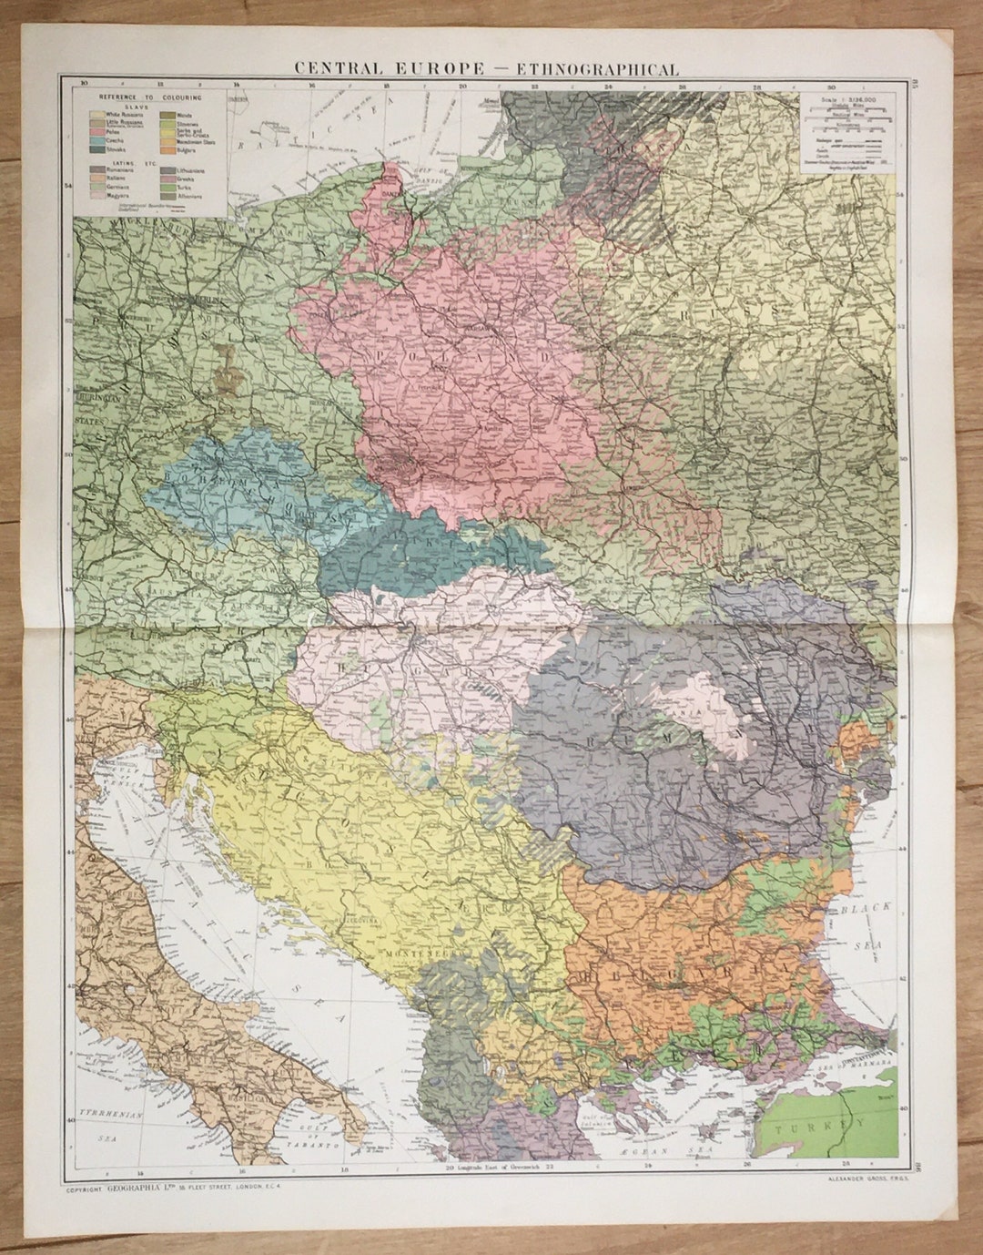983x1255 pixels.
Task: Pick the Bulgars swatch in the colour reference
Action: [168, 150]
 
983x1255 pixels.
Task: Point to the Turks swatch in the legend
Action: [168, 188]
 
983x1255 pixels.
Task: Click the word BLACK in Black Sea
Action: [866, 909]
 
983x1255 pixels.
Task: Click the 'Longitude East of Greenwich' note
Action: [501, 1168]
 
